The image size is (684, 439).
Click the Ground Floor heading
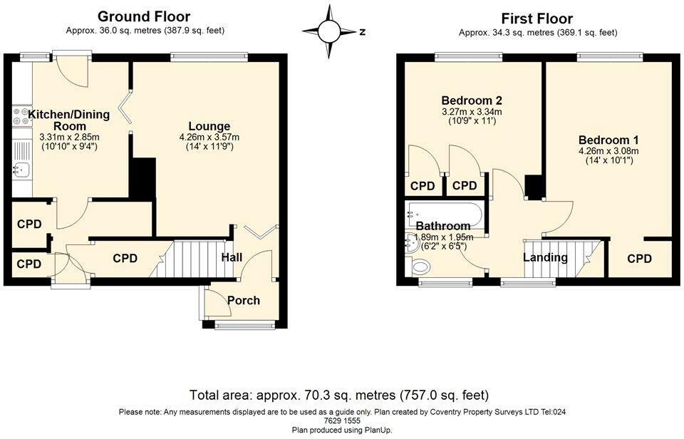[144, 16]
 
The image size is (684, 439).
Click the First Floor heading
[537, 19]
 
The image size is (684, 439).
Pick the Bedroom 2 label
[471, 100]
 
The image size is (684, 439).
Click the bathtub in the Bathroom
[445, 213]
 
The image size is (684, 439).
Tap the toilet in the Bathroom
[420, 267]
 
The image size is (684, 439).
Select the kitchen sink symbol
[20, 170]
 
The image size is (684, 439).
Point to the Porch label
[244, 300]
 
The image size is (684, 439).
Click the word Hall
[232, 257]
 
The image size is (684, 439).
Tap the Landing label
[546, 257]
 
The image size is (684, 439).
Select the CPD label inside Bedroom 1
[640, 259]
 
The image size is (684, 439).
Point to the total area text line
[339, 394]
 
